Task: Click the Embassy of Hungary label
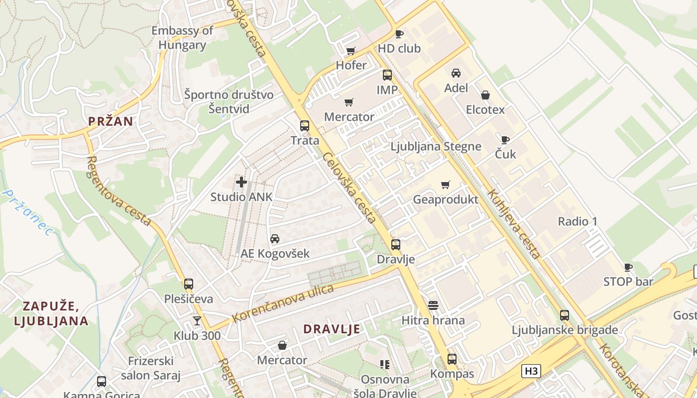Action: [x=182, y=38]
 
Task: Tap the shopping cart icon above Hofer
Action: [x=350, y=51]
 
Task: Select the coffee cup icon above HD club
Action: [x=399, y=34]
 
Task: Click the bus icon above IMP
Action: [x=387, y=75]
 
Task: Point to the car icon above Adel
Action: [x=456, y=73]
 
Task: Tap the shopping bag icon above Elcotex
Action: [x=485, y=95]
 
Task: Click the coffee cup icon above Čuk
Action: [x=505, y=140]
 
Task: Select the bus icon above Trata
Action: [x=305, y=126]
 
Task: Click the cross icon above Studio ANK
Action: [x=241, y=182]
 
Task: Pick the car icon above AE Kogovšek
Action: [x=275, y=239]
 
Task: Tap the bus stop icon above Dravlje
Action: [x=396, y=245]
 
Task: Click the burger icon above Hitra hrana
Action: [x=433, y=305]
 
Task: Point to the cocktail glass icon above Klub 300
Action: [x=197, y=321]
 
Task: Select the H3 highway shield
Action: [x=531, y=371]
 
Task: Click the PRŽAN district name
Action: [x=111, y=121]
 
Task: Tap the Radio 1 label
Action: [x=578, y=221]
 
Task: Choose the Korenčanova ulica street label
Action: [x=283, y=303]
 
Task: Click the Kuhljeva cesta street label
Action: [x=514, y=224]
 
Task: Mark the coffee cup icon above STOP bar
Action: [x=628, y=267]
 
